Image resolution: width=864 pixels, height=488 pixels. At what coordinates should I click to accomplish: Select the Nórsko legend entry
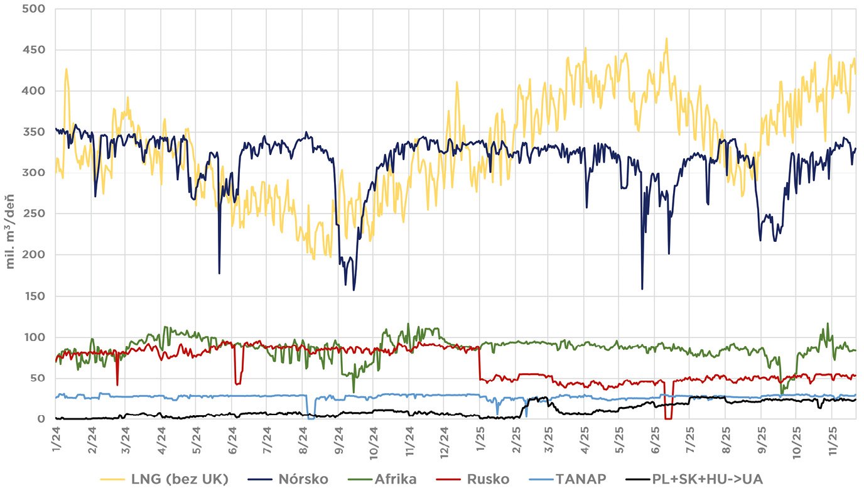pyautogui.click(x=303, y=479)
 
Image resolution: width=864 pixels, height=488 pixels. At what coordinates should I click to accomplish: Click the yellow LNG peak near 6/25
pyautogui.click(x=666, y=38)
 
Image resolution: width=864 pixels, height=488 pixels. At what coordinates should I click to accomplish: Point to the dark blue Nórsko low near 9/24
pyautogui.click(x=354, y=290)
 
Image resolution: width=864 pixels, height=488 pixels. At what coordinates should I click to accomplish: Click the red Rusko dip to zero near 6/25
pyautogui.click(x=669, y=418)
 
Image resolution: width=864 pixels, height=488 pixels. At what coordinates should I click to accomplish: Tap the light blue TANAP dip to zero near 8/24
pyautogui.click(x=311, y=418)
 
